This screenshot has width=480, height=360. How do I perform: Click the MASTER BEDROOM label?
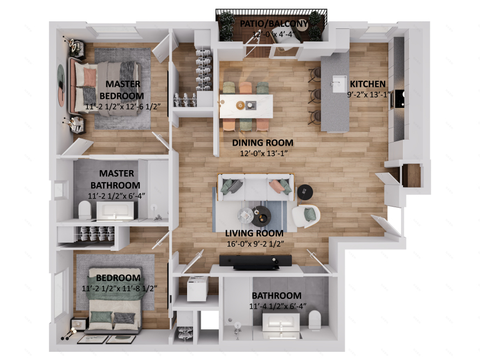pos(123,90)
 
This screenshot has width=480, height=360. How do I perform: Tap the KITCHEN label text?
pos(368,84)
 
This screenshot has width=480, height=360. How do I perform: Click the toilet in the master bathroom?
pos(85,209)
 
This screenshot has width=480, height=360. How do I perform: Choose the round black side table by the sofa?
pos(305,191)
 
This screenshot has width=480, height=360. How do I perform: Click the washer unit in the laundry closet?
pos(196,288)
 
